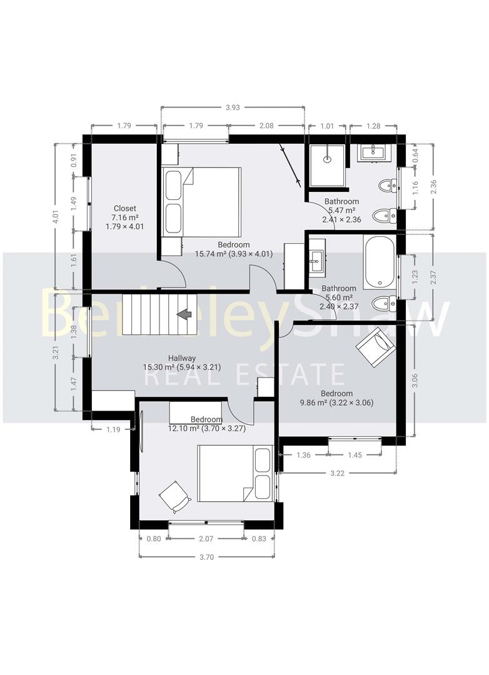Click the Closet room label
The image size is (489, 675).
[125, 208]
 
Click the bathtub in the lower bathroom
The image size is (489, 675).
[379, 262]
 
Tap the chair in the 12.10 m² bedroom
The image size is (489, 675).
[174, 497]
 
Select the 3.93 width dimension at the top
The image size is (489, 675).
[233, 107]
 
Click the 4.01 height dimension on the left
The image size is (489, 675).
[56, 217]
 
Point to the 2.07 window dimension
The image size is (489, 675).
[206, 539]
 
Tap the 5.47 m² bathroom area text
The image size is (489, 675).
[341, 211]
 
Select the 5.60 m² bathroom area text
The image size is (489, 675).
[339, 297]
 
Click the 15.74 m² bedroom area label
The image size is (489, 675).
[233, 254]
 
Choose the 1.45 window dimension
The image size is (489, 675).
[355, 455]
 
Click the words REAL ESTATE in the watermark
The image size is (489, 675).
[245, 376]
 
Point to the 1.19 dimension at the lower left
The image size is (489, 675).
[113, 429]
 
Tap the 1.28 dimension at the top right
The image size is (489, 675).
[374, 126]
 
